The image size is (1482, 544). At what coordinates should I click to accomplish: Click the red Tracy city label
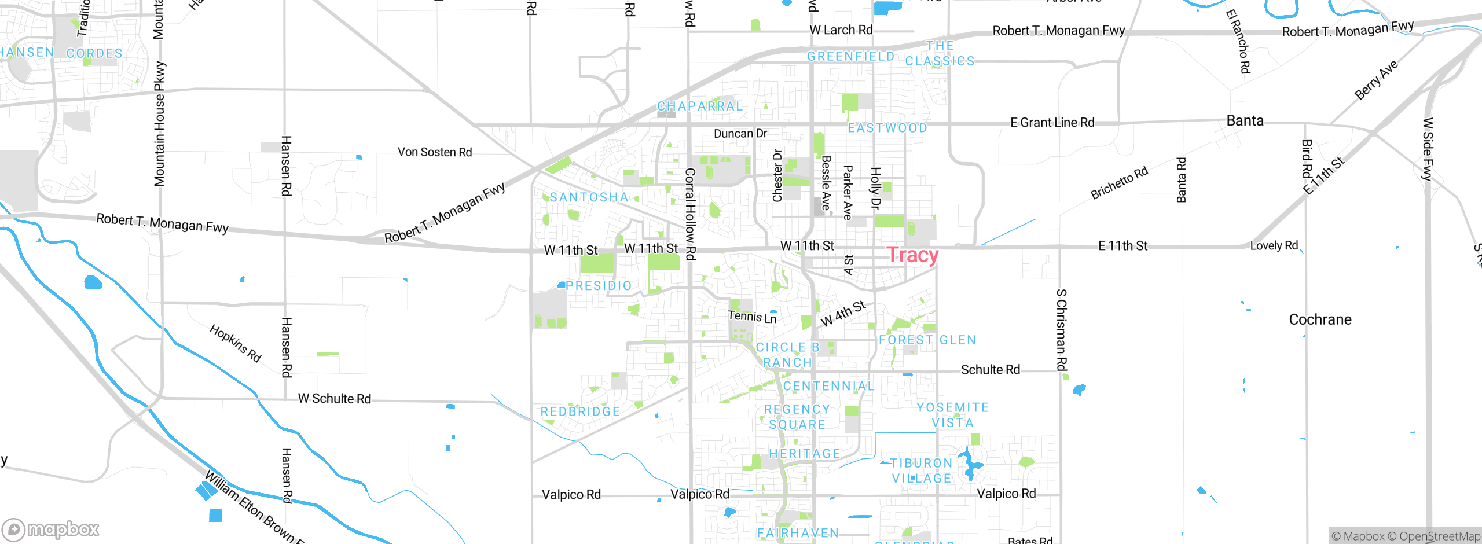[x=912, y=255]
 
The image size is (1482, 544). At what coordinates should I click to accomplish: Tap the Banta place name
[x=1245, y=121]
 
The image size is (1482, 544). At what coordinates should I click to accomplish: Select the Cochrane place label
[x=1320, y=319]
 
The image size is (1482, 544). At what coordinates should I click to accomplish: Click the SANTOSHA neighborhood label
[x=589, y=197]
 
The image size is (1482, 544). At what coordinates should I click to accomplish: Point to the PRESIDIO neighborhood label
[x=599, y=286]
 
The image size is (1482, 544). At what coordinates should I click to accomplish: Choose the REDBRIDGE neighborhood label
[x=580, y=411]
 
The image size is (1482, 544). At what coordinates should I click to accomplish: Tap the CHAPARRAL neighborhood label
[x=700, y=106]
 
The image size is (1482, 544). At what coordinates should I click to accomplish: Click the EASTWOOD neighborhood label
[x=887, y=128]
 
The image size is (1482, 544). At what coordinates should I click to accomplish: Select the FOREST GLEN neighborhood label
[x=927, y=340]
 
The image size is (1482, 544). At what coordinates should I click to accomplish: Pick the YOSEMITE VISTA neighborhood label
[x=953, y=415]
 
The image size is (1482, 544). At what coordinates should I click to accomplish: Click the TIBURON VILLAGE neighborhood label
[x=922, y=471]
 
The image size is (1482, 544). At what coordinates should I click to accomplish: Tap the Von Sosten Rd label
[x=435, y=152]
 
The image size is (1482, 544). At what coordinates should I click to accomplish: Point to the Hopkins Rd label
[x=236, y=343]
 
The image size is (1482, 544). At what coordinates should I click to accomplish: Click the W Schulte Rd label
[x=335, y=399]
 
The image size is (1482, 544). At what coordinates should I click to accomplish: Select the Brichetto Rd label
[x=1119, y=183]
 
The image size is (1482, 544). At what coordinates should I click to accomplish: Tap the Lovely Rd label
[x=1274, y=245]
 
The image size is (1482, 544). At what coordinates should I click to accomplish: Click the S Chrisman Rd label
[x=1061, y=330]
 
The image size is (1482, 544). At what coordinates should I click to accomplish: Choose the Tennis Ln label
[x=752, y=317]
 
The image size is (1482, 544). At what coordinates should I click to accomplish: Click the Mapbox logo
[x=51, y=529]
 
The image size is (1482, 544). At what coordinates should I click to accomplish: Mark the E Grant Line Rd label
[x=1052, y=123]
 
